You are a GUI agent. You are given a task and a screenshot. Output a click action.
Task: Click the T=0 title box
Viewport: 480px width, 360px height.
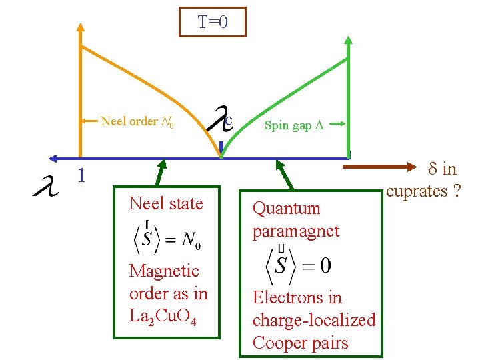tap(213, 22)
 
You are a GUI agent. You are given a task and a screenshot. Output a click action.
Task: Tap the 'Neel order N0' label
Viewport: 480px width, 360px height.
tap(137, 121)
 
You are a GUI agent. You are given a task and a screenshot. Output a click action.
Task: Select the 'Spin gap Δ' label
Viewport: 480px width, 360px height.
tap(293, 125)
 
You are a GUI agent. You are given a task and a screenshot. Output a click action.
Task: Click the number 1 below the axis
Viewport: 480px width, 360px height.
tap(80, 176)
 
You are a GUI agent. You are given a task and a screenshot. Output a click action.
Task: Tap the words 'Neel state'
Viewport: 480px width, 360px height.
tap(166, 203)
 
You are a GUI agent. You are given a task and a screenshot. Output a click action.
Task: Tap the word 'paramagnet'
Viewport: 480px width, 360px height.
tap(296, 231)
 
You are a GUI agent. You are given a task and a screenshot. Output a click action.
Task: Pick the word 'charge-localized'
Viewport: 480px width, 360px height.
tap(314, 321)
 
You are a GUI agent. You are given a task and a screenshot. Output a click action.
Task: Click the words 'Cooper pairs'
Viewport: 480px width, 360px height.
tap(300, 343)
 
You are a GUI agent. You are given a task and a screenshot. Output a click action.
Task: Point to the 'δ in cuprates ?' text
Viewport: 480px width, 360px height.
tap(425, 180)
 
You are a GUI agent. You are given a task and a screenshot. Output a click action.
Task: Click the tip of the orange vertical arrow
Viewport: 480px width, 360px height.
tap(80, 26)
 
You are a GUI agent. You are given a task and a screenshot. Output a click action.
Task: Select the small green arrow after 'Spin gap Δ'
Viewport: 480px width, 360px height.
tap(337, 123)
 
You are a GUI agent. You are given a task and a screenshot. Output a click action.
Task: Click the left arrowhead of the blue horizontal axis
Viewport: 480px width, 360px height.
tap(52, 158)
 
